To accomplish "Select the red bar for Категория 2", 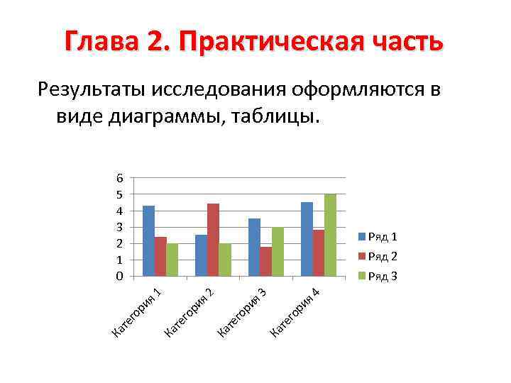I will click(x=213, y=240).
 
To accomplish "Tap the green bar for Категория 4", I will click(x=330, y=235).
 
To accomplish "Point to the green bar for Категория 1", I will click(x=172, y=260).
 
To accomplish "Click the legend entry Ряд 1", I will click(x=383, y=236).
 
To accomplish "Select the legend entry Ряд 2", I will click(x=383, y=256).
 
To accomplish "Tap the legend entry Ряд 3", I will click(x=383, y=276).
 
